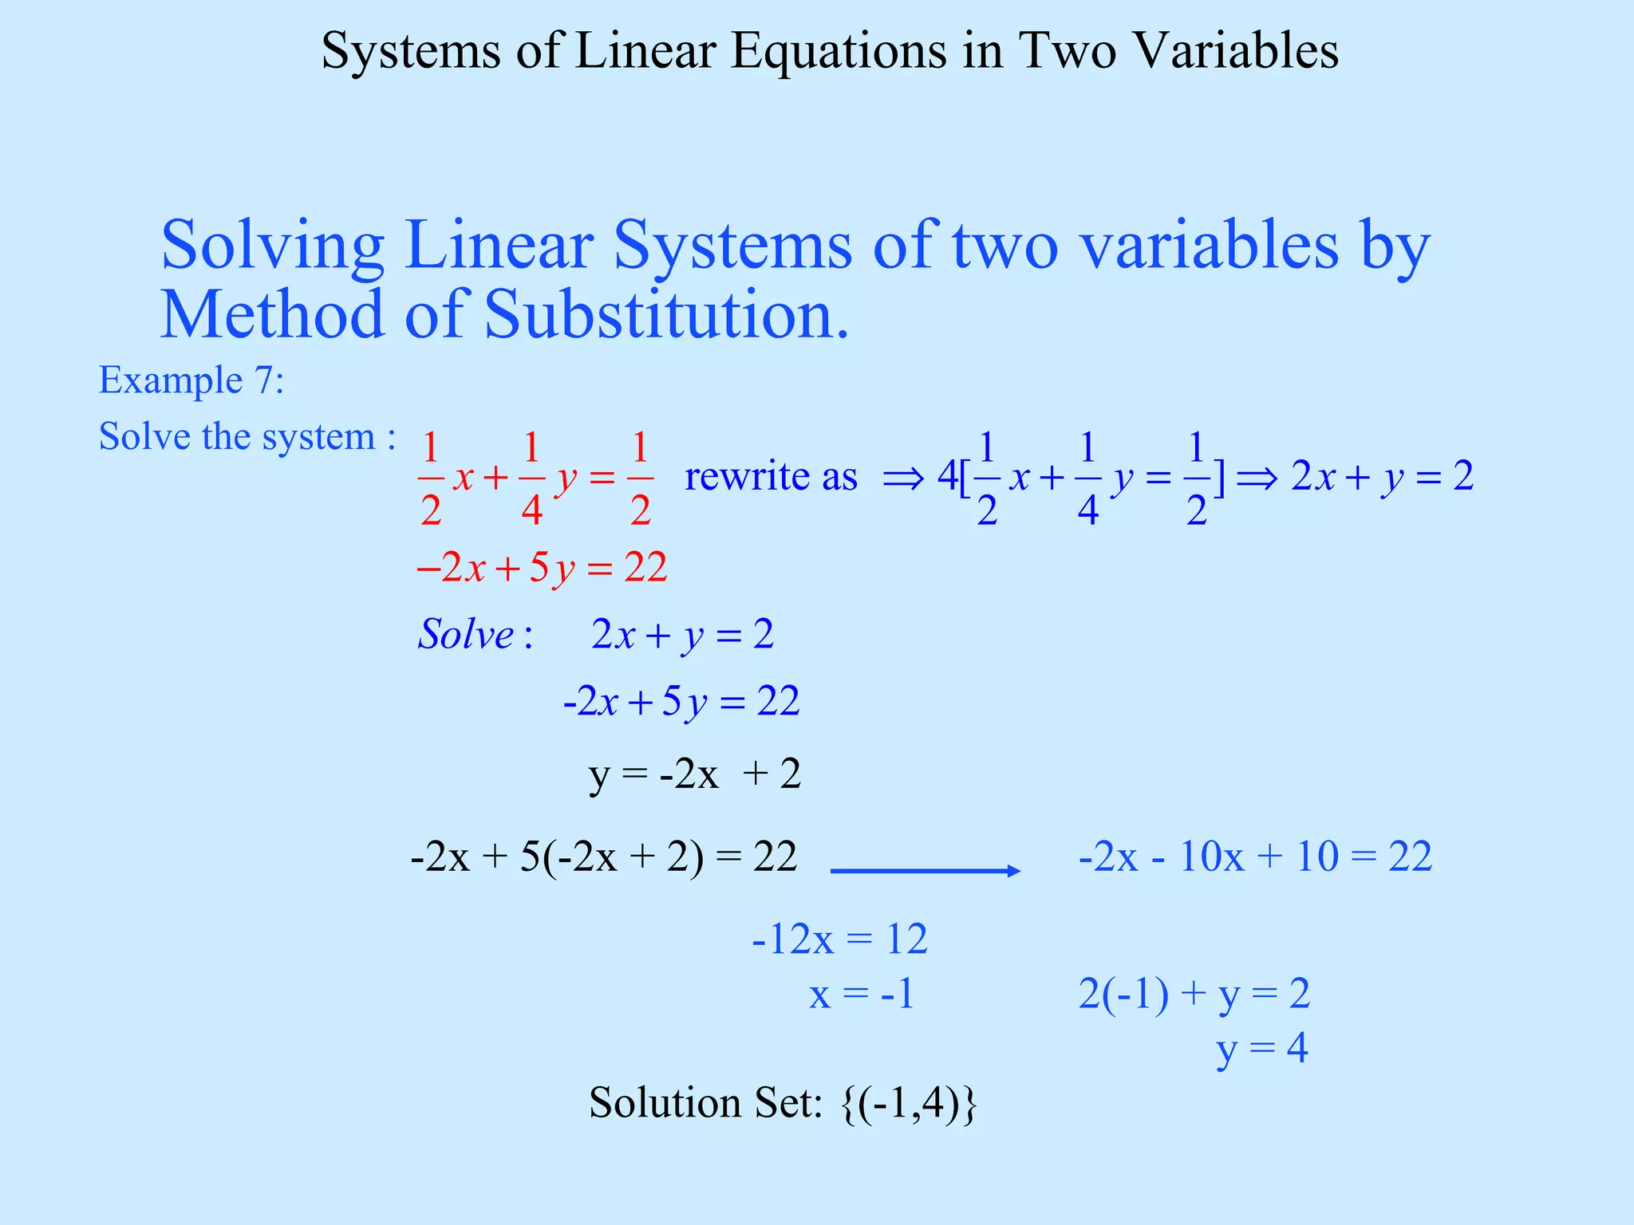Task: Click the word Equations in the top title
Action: [838, 52]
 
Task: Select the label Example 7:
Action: [191, 380]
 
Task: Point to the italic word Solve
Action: [467, 636]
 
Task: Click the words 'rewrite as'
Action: [771, 477]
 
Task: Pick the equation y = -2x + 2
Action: [694, 774]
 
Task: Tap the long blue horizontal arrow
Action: [926, 871]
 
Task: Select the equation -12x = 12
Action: [839, 939]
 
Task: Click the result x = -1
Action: [862, 995]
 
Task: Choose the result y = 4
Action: [1262, 1049]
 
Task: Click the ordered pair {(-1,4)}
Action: [910, 1104]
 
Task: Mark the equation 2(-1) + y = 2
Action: [1194, 995]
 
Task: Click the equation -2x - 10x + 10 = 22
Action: [1255, 857]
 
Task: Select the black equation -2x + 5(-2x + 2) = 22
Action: [603, 857]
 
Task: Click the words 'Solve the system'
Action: [238, 437]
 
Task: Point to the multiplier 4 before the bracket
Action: [947, 477]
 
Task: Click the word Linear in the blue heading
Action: [499, 246]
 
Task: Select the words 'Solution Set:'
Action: [706, 1104]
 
